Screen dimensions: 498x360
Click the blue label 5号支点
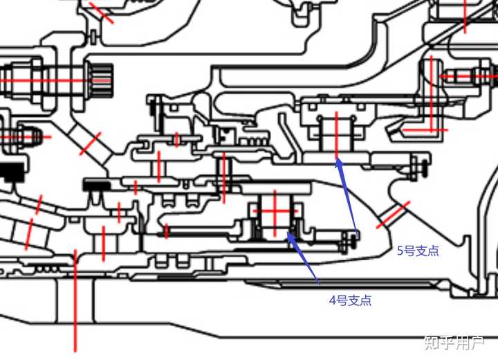[x=418, y=251]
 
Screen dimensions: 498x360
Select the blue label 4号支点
[x=350, y=300]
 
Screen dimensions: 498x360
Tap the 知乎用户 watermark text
[x=454, y=343]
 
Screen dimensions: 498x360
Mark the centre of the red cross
[x=275, y=211]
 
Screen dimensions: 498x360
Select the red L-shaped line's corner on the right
[x=432, y=129]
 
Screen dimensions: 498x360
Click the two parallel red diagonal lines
[x=393, y=215]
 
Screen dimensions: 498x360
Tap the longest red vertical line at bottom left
[x=75, y=300]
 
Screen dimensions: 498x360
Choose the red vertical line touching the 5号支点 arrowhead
[x=337, y=135]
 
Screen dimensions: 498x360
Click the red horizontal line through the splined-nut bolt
[x=54, y=80]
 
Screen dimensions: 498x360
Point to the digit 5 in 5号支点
[x=400, y=251]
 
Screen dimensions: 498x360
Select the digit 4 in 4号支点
[x=333, y=300]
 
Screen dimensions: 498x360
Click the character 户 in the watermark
[x=477, y=343]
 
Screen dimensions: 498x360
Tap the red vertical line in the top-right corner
[x=465, y=16]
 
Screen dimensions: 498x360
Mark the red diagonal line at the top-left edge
[x=101, y=13]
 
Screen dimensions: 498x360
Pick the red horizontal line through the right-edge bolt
[x=468, y=76]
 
